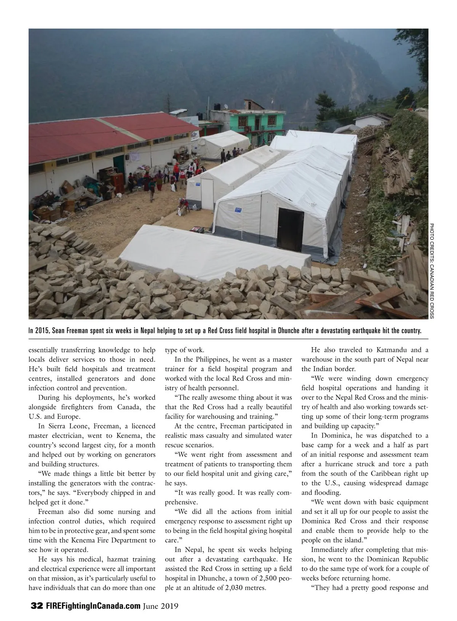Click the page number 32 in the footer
[37, 606]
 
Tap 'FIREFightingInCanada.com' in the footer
[93, 606]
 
